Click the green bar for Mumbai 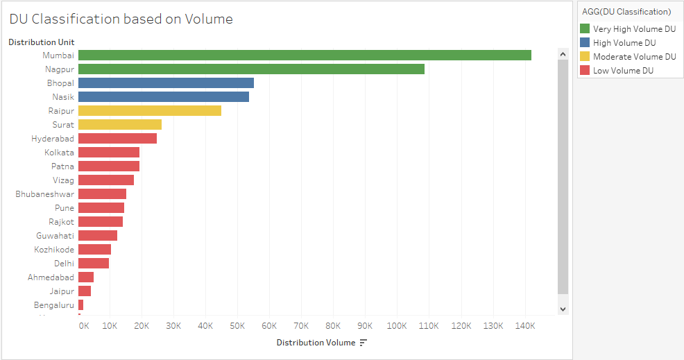click(305, 55)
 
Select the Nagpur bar click(251, 69)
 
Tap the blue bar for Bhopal click(166, 83)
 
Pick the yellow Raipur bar click(150, 111)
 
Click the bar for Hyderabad click(117, 139)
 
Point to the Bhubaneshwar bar click(102, 194)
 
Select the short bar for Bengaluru click(80, 305)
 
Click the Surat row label click(63, 125)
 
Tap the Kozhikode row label click(54, 250)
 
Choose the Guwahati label click(55, 236)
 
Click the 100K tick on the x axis click(397, 325)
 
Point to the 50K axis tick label click(237, 325)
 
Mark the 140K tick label click(524, 325)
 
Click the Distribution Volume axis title click(316, 343)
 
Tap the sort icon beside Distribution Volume click(363, 343)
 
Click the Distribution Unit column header click(41, 42)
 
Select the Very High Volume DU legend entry click(634, 29)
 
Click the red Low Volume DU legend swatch click(585, 71)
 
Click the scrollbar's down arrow click(563, 309)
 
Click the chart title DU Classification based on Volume click(121, 19)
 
